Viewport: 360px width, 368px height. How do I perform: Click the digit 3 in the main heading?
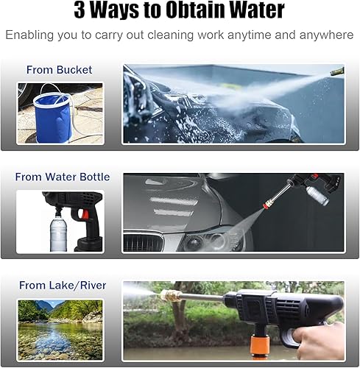click(x=80, y=11)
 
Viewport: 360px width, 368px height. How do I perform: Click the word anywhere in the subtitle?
click(x=326, y=35)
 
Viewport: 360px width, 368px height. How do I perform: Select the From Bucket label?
click(x=59, y=70)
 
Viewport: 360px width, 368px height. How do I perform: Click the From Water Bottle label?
click(x=63, y=177)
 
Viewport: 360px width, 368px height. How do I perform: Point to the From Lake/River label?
click(x=63, y=286)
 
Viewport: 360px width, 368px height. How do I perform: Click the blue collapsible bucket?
click(x=53, y=118)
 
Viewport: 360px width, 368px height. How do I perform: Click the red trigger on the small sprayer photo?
click(x=84, y=215)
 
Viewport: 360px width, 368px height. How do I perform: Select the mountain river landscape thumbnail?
click(x=60, y=330)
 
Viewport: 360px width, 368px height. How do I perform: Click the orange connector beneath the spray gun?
click(x=259, y=346)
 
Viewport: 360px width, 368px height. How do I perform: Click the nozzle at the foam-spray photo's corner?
click(x=337, y=71)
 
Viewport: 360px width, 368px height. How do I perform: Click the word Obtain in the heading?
click(x=192, y=10)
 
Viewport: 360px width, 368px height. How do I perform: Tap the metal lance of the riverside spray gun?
click(x=200, y=298)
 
